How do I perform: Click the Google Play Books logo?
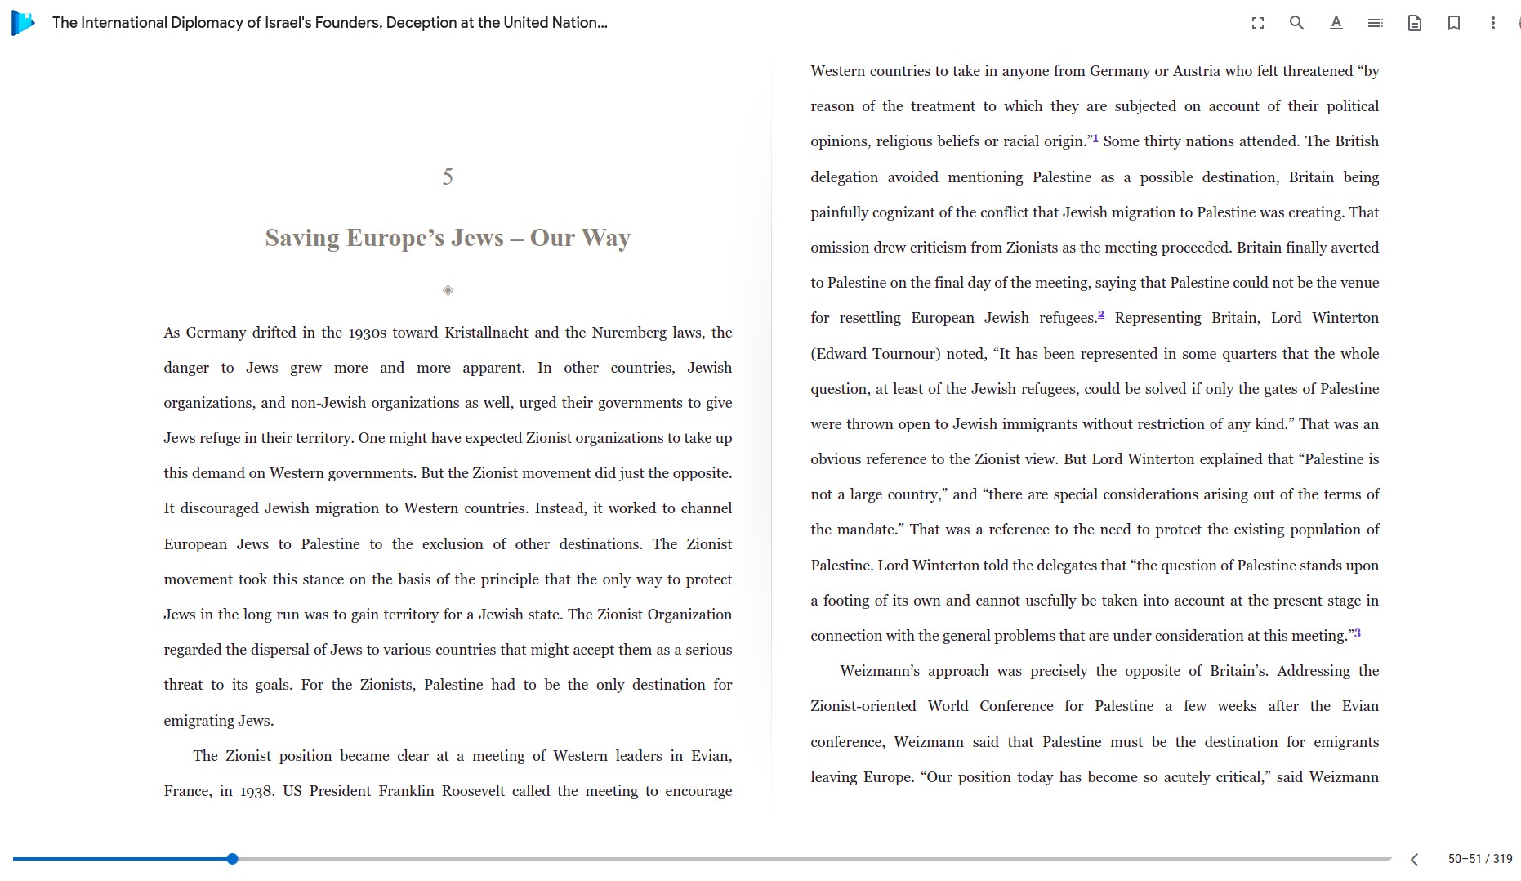[x=23, y=23]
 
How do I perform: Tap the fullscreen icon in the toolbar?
[x=1258, y=23]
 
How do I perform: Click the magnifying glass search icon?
[x=1296, y=23]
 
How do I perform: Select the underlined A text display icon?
[x=1336, y=23]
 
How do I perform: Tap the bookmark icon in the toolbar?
[x=1454, y=23]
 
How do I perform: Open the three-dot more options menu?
[x=1493, y=23]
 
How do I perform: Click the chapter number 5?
[x=448, y=177]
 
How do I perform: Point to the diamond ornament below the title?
[x=448, y=290]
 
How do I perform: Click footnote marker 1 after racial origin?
[x=1095, y=138]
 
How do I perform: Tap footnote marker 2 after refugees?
[x=1101, y=315]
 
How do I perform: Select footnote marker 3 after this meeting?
[x=1358, y=633]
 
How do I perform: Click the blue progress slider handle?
[x=233, y=859]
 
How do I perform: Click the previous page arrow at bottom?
[x=1415, y=859]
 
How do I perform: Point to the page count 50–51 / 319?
[x=1480, y=859]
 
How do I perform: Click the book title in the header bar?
[x=330, y=23]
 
